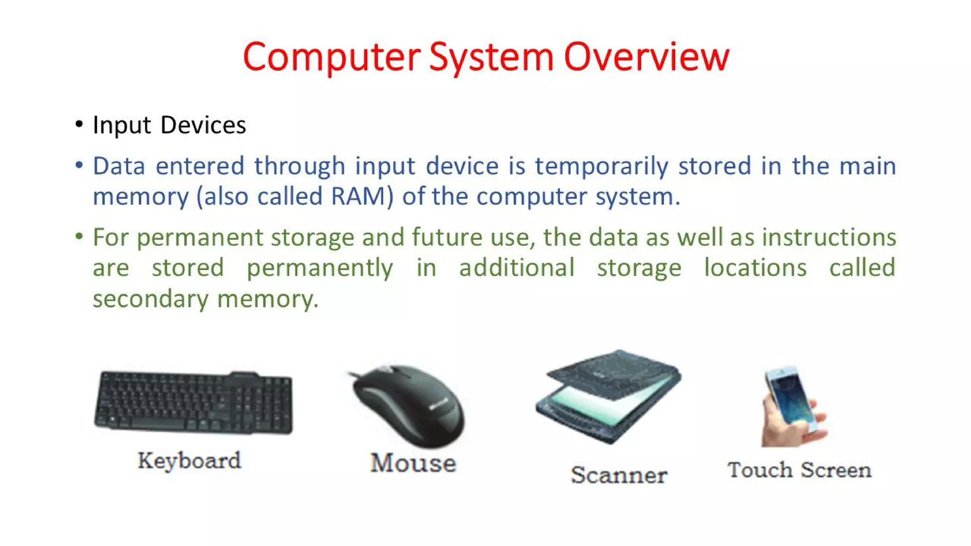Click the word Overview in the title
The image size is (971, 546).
point(646,57)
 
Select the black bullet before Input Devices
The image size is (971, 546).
point(79,125)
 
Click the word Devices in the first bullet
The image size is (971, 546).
point(203,125)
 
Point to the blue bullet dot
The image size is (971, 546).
point(79,165)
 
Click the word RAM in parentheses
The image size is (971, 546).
point(358,196)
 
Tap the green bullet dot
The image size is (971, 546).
point(79,236)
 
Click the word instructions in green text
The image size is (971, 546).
point(829,237)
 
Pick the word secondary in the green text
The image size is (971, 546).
point(150,299)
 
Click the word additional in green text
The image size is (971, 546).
point(517,268)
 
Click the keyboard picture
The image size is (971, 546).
point(193,403)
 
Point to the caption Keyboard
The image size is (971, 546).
point(189,461)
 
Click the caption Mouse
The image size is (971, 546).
point(413,463)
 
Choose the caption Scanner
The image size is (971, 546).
point(619,475)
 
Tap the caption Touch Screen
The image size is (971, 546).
point(799,470)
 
